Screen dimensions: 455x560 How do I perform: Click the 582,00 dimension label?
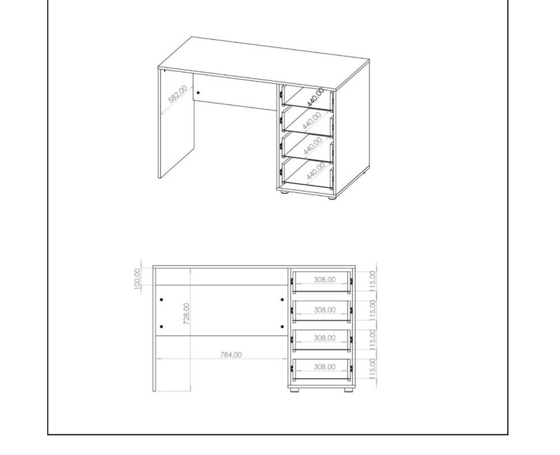click(x=177, y=94)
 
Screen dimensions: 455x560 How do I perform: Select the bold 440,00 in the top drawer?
click(x=315, y=97)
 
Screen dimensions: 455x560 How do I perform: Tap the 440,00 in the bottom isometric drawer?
click(x=316, y=171)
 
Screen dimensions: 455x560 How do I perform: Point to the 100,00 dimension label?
click(x=137, y=279)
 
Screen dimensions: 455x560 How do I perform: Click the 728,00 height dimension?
click(x=187, y=314)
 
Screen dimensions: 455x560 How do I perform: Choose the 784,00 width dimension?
click(x=231, y=355)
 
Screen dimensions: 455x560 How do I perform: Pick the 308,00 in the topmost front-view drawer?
click(x=324, y=280)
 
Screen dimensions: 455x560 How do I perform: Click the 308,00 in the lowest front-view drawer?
click(x=324, y=367)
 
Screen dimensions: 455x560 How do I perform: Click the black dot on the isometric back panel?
click(x=198, y=92)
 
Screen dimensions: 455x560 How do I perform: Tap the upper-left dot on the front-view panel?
click(x=161, y=300)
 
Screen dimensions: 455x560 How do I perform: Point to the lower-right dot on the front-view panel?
click(x=282, y=327)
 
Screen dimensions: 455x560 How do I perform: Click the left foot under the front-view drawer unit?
click(x=294, y=390)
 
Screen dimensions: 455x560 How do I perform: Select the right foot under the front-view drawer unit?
click(x=349, y=390)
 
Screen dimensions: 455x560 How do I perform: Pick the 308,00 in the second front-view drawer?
click(x=324, y=310)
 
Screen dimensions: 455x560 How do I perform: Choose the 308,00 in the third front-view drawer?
click(x=324, y=338)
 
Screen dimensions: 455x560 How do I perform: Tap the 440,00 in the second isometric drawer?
click(x=311, y=120)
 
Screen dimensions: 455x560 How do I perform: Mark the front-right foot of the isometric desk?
click(x=331, y=197)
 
